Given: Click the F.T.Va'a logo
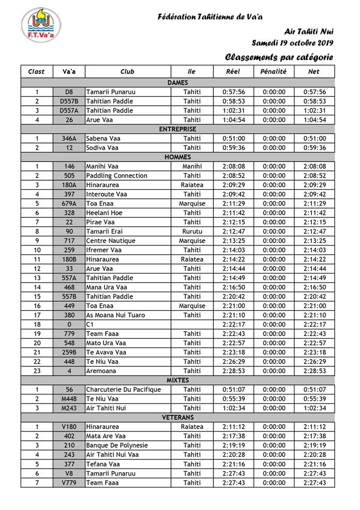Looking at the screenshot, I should click(x=41, y=25).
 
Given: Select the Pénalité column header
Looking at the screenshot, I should click(x=274, y=71).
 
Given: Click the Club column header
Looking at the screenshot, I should click(x=127, y=71).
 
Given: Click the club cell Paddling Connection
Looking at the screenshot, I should click(x=116, y=176).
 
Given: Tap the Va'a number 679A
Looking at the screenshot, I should click(x=70, y=203).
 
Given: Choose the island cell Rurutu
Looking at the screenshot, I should click(x=192, y=232).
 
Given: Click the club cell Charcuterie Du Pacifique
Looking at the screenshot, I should click(x=123, y=389).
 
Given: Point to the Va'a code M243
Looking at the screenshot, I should click(x=70, y=408).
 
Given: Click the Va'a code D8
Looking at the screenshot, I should click(x=70, y=92).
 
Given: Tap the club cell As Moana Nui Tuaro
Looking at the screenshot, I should click(x=115, y=315).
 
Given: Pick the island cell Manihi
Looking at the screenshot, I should click(x=192, y=166).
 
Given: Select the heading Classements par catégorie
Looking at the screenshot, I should click(x=279, y=57).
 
